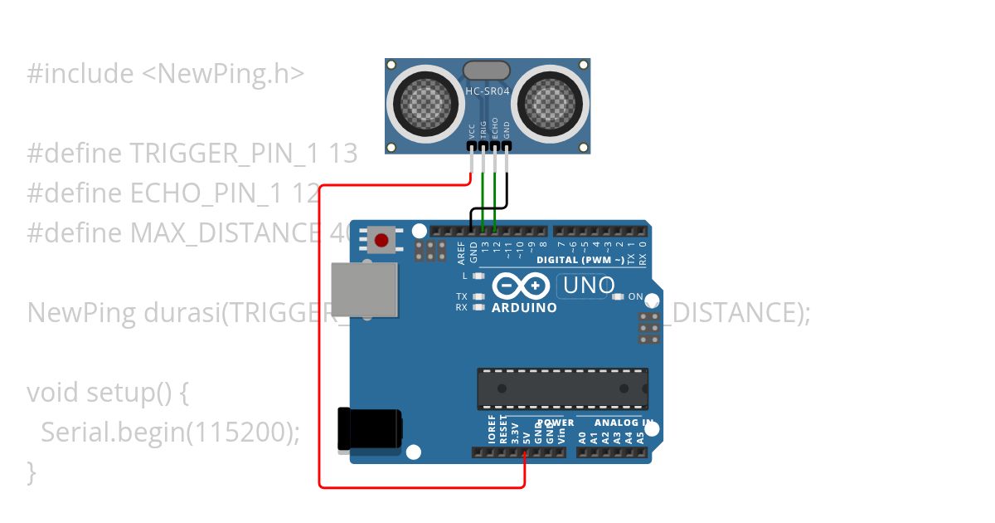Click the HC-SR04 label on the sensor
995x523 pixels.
pos(488,91)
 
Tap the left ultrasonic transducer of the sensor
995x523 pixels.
pos(427,101)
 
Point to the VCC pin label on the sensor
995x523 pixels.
pos(472,130)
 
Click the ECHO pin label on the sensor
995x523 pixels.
pos(495,128)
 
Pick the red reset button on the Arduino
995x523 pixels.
pos(381,241)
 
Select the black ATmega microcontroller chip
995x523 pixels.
pos(562,389)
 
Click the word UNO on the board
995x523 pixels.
pos(589,286)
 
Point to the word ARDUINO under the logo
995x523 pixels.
pos(524,308)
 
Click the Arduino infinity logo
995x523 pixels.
pos(521,286)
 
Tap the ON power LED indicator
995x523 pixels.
pos(618,296)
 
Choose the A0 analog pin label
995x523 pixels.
pos(583,437)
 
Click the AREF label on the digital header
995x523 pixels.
pos(462,251)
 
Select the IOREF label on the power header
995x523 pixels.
pos(492,431)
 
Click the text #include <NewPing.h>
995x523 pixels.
pos(166,74)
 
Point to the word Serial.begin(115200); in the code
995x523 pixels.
pos(170,433)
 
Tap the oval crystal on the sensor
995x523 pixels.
pos(488,71)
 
